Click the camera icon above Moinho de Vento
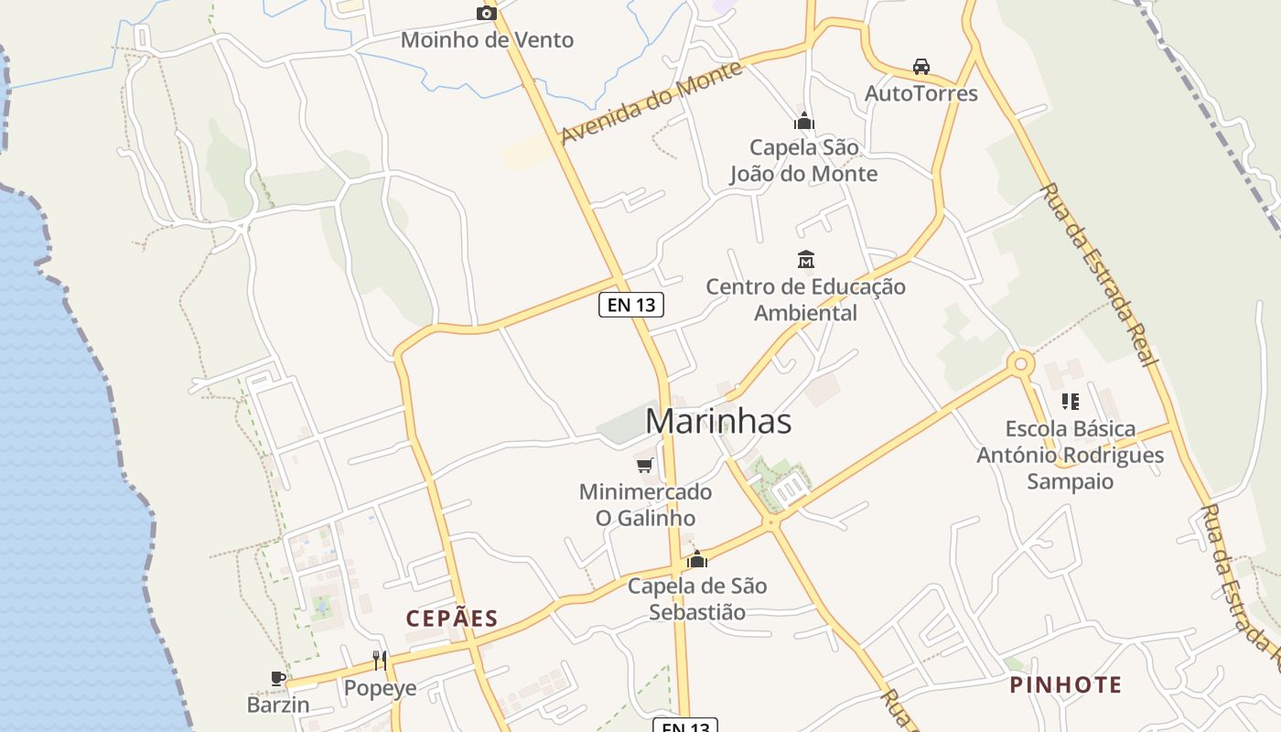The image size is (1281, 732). [487, 13]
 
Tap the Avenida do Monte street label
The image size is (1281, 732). [651, 102]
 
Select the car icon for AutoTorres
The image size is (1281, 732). [921, 67]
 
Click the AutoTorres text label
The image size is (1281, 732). [921, 93]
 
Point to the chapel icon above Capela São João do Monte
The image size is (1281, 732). [804, 121]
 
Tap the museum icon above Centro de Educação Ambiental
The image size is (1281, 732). [806, 260]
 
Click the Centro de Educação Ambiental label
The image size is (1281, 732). [806, 299]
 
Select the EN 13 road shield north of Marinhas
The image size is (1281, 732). [631, 305]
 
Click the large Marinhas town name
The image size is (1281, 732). [718, 421]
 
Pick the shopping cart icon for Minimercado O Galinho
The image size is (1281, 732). [645, 465]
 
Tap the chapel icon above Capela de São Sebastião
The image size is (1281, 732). [697, 559]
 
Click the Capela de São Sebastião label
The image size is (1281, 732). [697, 598]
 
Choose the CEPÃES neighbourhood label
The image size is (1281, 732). [452, 619]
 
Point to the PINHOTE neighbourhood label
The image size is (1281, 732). [1066, 684]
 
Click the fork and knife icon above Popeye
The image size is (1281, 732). [380, 661]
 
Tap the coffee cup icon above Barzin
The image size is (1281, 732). [278, 678]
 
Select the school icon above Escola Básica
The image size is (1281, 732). [1070, 401]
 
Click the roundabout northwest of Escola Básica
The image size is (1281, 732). [1020, 364]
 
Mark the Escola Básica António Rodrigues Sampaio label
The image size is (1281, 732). [1070, 455]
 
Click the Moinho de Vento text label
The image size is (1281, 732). [487, 40]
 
